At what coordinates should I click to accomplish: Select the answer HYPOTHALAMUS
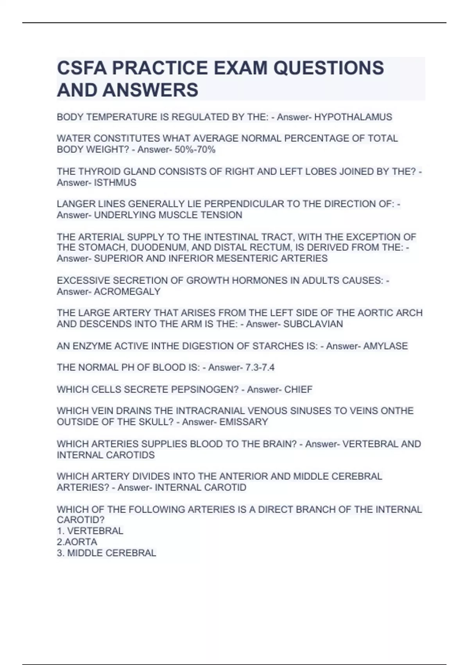353,117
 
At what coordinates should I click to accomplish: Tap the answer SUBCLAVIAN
313,324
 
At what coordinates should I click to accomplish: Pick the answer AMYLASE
385,346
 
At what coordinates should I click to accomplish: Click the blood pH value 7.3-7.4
260,367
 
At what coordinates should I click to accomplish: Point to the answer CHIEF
298,389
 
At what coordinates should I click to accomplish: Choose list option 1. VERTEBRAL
90,531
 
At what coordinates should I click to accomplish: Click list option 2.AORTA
77,542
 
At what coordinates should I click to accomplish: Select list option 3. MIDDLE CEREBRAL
106,553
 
